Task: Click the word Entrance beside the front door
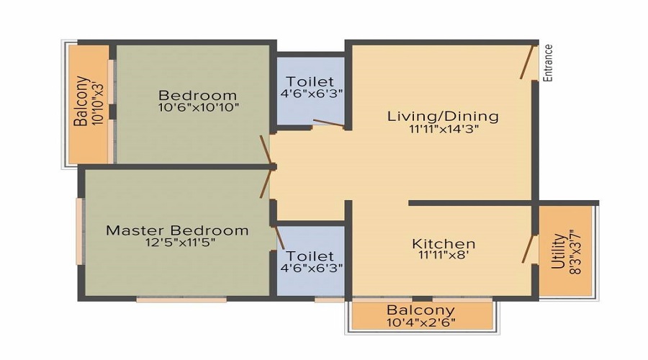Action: (x=548, y=63)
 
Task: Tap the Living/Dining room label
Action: (x=443, y=116)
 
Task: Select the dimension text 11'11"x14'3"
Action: (x=444, y=129)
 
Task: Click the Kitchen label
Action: (x=444, y=243)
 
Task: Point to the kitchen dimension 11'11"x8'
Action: (x=444, y=255)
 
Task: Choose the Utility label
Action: (x=558, y=251)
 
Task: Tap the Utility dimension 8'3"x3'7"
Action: (x=575, y=252)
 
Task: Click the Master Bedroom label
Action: (x=177, y=230)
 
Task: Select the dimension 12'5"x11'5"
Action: (x=180, y=242)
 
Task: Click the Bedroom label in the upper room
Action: (x=197, y=96)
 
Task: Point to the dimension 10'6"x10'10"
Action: (x=199, y=107)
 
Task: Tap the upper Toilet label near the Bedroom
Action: (x=310, y=81)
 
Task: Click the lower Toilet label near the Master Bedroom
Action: (x=310, y=256)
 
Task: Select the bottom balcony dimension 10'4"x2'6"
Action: (x=421, y=322)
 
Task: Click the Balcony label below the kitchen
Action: (x=420, y=310)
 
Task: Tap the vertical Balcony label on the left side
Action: (x=81, y=101)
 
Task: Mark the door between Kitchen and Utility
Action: (x=528, y=249)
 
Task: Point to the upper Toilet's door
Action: (x=328, y=123)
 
